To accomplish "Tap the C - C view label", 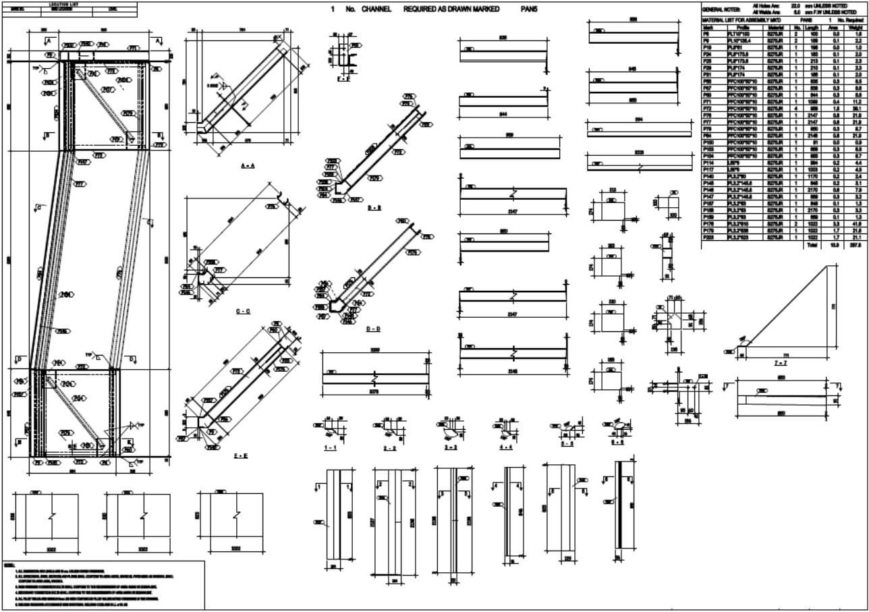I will (243, 311).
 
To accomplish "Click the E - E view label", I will (241, 457).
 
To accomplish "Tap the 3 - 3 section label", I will (450, 447).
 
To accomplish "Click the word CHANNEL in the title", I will (381, 9).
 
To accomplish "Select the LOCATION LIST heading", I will (69, 4).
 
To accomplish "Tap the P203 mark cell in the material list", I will (708, 238).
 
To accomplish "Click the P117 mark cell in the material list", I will (708, 169).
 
